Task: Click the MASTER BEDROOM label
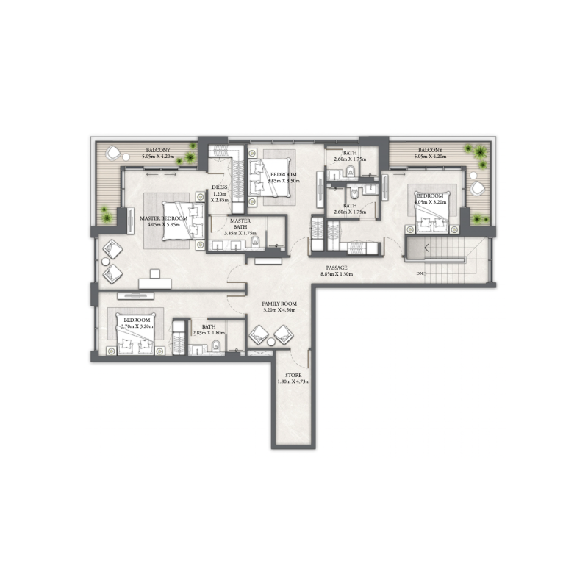(164, 218)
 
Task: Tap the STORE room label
(293, 375)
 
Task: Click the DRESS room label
(218, 187)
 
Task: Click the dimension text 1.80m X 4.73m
(293, 382)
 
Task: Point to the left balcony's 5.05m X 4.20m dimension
(159, 156)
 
